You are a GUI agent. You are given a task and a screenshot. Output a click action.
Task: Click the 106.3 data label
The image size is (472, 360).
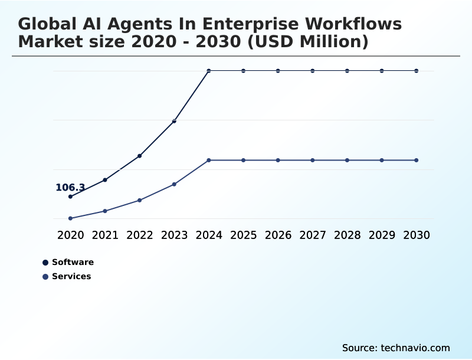tap(70, 188)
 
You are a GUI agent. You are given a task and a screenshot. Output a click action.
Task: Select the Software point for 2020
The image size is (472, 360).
tap(70, 197)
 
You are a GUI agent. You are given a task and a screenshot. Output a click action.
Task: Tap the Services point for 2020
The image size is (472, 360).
tap(70, 218)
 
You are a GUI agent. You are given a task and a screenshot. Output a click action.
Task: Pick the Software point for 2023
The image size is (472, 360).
tap(174, 121)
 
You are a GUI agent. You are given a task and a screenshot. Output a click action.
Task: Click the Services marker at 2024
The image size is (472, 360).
tap(209, 160)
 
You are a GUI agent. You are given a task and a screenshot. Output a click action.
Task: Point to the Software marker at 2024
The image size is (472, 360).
tap(209, 71)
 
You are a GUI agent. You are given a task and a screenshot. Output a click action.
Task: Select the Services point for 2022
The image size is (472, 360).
tap(140, 200)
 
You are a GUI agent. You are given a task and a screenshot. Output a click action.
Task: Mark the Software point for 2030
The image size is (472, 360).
tap(417, 71)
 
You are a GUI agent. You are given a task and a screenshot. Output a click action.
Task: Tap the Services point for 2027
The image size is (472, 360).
tap(313, 160)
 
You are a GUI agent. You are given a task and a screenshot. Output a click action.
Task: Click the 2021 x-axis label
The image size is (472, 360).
tap(105, 235)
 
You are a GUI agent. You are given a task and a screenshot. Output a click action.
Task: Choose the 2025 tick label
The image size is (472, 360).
tap(244, 235)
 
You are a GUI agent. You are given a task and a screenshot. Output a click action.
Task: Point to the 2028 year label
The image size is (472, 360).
tap(348, 235)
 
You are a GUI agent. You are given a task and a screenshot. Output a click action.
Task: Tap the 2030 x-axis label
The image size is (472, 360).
tap(417, 235)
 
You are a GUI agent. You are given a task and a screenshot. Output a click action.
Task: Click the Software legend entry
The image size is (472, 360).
tap(73, 262)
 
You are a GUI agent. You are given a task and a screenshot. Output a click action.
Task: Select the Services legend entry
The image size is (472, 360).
tap(71, 276)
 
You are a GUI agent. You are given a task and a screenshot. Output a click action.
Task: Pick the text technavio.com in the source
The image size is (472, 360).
tap(415, 348)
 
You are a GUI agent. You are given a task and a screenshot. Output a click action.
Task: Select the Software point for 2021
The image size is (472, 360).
tap(105, 179)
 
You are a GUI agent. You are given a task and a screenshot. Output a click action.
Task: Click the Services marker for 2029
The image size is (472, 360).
tap(382, 160)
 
